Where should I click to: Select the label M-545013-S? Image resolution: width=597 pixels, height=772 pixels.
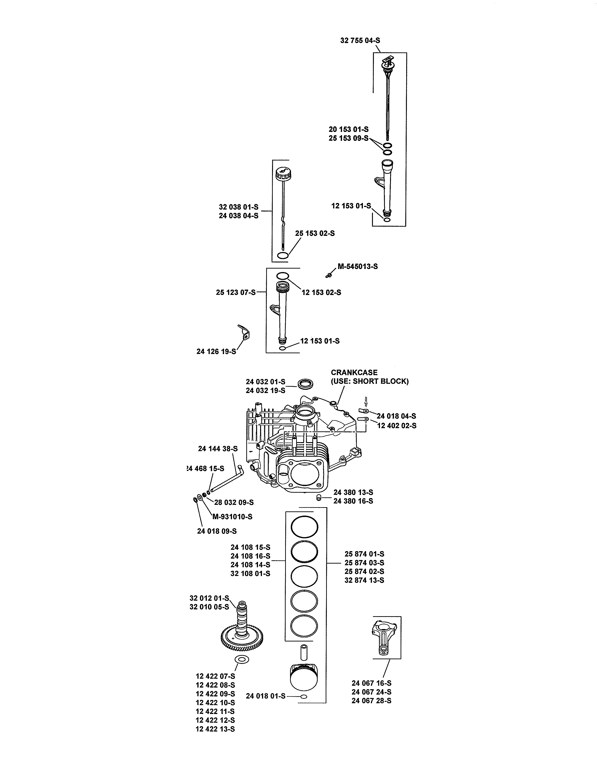(357, 266)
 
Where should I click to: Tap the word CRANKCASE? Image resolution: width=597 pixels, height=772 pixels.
(354, 373)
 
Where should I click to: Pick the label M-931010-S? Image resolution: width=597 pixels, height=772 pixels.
(232, 517)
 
